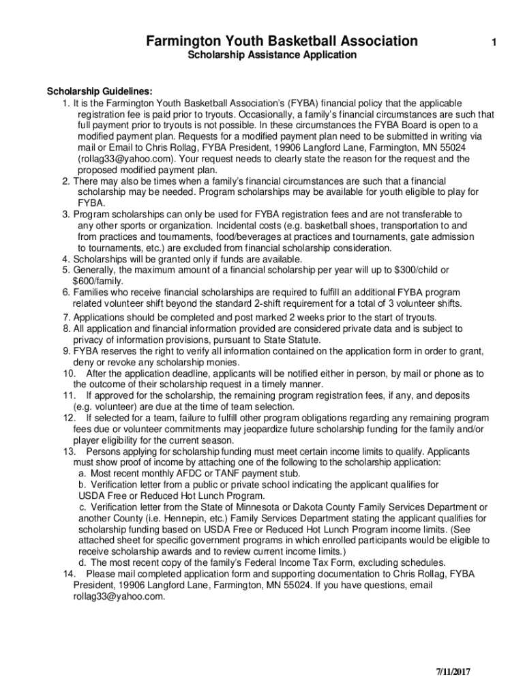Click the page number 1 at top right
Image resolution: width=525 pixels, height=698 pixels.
[493, 43]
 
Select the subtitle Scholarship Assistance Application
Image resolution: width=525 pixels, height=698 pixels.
[272, 55]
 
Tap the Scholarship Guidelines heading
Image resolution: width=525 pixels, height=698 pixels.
[100, 92]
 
